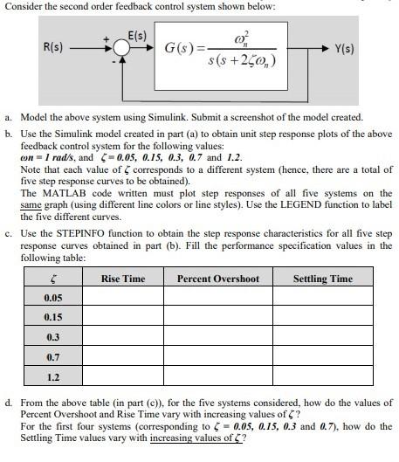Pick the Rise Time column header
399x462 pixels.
pyautogui.click(x=123, y=279)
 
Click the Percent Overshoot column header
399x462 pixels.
pyautogui.click(x=218, y=279)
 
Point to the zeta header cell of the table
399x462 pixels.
pyautogui.click(x=52, y=279)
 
